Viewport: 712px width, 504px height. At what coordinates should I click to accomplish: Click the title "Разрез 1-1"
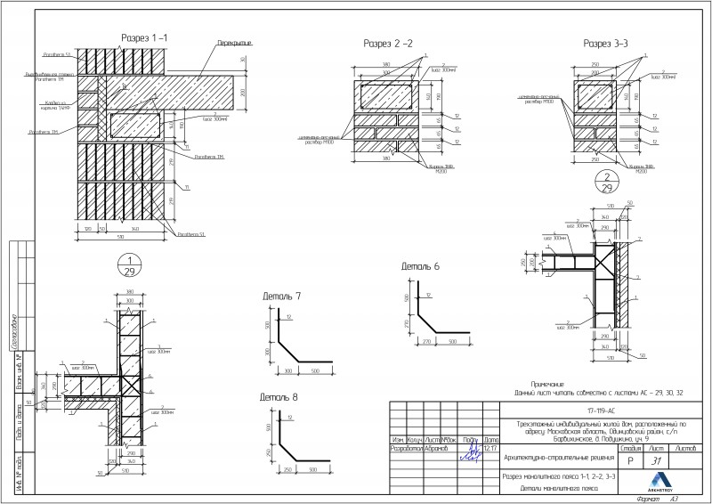click(144, 37)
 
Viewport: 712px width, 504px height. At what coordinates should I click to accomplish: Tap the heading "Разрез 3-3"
click(605, 43)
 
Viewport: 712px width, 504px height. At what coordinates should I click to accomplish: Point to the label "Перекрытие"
click(234, 43)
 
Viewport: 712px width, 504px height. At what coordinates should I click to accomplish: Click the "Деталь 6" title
click(420, 266)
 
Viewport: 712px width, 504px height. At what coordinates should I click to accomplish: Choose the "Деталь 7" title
click(281, 296)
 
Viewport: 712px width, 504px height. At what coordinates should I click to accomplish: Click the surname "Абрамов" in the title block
click(436, 448)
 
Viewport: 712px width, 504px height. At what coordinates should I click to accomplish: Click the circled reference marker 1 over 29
click(130, 264)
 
